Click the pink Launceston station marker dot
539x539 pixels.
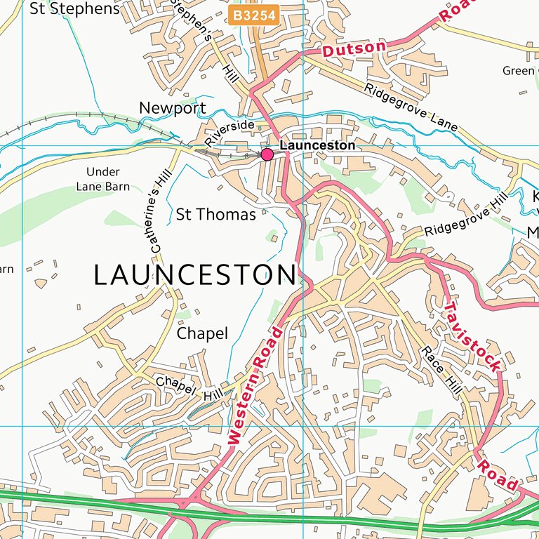point(267,154)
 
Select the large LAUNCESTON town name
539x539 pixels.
point(194,274)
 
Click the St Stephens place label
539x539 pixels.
point(75,9)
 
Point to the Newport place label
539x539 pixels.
point(173,108)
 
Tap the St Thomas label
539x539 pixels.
point(215,215)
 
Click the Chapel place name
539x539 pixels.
point(202,333)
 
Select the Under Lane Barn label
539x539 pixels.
point(102,179)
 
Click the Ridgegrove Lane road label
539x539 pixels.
point(411,107)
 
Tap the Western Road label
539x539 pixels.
point(255,385)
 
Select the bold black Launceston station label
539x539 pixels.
point(317,145)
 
